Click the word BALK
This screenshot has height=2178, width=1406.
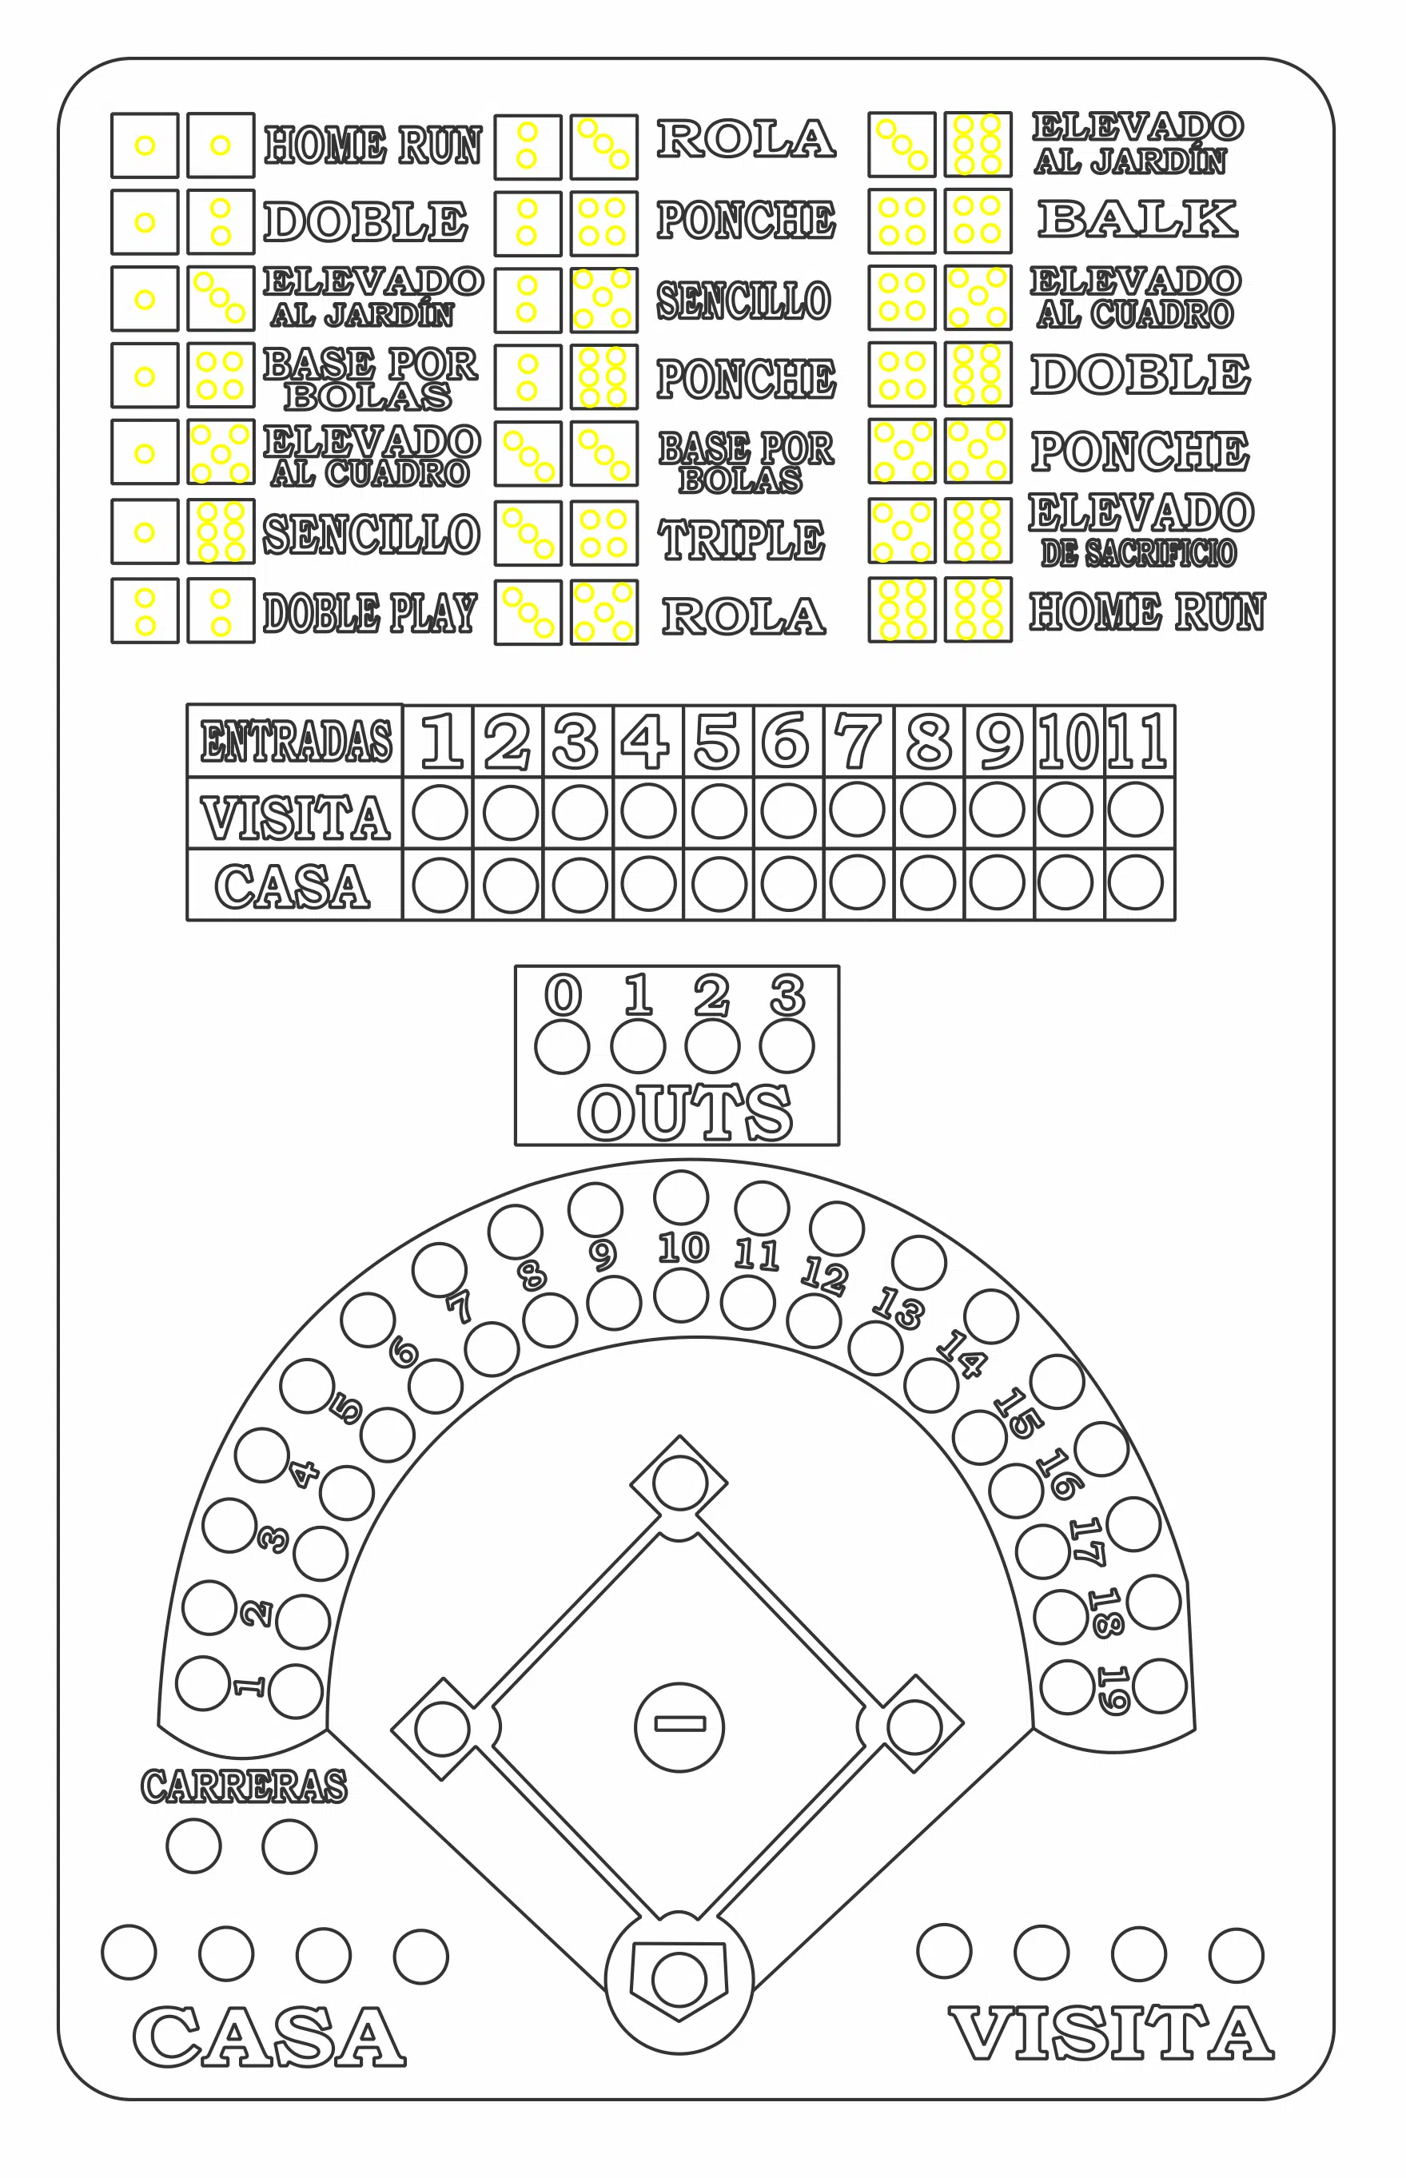(x=1137, y=219)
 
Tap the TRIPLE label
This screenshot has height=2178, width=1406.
(x=741, y=540)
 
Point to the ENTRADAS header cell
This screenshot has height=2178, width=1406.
(x=295, y=740)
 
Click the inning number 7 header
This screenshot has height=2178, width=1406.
(x=858, y=740)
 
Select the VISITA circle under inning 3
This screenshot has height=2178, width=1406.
(x=580, y=811)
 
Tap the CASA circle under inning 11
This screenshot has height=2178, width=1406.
(x=1136, y=882)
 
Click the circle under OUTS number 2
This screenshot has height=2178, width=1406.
(x=712, y=1046)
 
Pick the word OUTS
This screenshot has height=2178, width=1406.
(x=685, y=1113)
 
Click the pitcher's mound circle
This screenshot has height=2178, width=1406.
(x=679, y=1727)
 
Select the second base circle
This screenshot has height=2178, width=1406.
(x=679, y=1483)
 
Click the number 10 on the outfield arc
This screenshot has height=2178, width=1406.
(x=683, y=1248)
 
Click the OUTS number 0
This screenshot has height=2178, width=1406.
(x=564, y=994)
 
